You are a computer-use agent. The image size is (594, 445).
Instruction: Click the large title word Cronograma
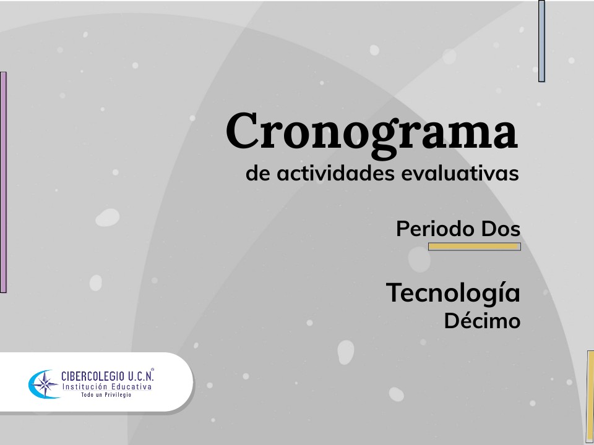[371, 132]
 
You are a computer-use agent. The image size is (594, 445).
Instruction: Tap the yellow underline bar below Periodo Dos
[475, 247]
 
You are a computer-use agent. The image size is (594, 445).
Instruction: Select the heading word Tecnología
[453, 292]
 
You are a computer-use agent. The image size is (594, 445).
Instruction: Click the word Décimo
[482, 321]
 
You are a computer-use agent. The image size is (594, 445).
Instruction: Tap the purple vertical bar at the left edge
[3, 182]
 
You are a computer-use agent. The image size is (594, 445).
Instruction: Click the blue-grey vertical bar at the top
[541, 41]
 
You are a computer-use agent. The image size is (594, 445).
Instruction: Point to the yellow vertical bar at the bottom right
[590, 396]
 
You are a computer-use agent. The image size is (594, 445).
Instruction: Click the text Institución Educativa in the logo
[106, 386]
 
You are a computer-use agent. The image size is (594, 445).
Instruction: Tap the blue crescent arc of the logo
[33, 384]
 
